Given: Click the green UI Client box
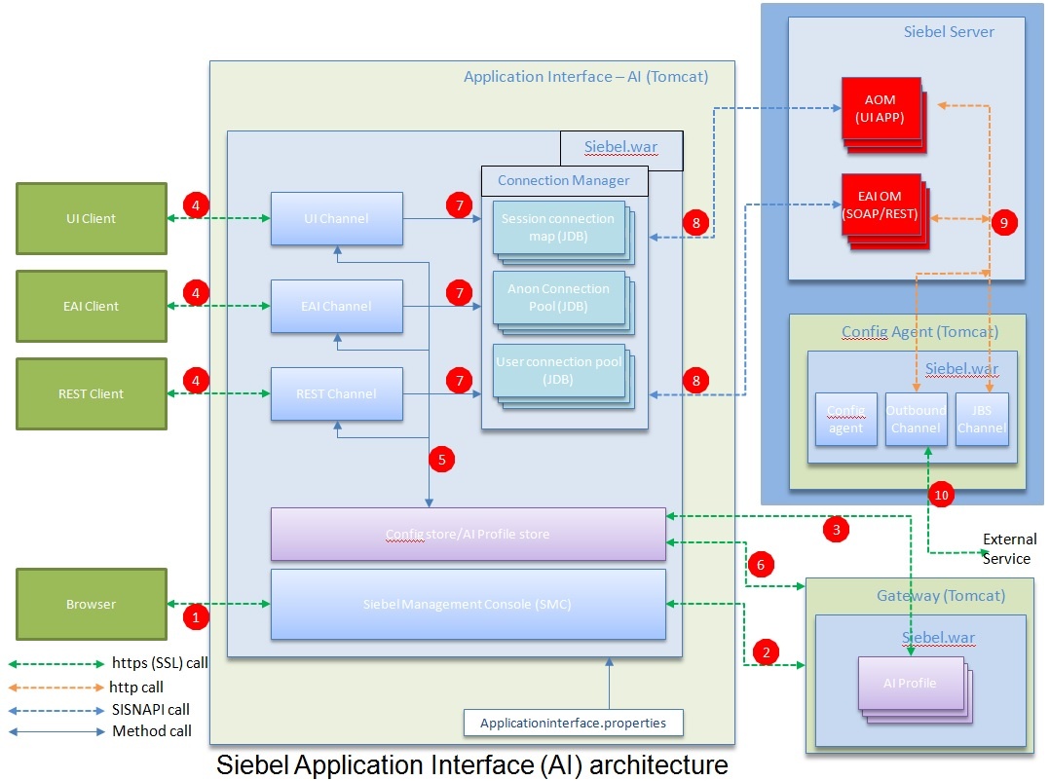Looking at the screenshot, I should click(92, 218).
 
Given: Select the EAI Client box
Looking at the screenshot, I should click(92, 306).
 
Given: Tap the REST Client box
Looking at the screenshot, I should click(92, 393).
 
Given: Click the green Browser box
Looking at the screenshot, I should click(92, 604).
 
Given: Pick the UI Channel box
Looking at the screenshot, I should click(336, 218).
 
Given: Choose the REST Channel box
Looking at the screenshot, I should click(336, 393).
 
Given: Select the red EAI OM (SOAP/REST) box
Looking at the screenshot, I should click(880, 206).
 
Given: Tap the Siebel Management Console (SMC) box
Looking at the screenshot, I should click(468, 604).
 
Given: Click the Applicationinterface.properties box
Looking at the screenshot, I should click(573, 723).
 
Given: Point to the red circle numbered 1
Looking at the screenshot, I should click(197, 615).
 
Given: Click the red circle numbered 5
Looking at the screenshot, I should click(441, 459).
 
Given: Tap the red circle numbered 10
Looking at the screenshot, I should click(941, 494).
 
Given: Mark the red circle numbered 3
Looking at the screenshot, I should click(835, 530).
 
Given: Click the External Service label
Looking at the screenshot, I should click(1008, 548).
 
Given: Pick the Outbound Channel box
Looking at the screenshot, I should click(916, 419).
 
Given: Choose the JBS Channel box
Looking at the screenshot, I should click(981, 419).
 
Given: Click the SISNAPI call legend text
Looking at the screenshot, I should click(151, 709).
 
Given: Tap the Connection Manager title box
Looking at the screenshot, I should click(563, 180).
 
